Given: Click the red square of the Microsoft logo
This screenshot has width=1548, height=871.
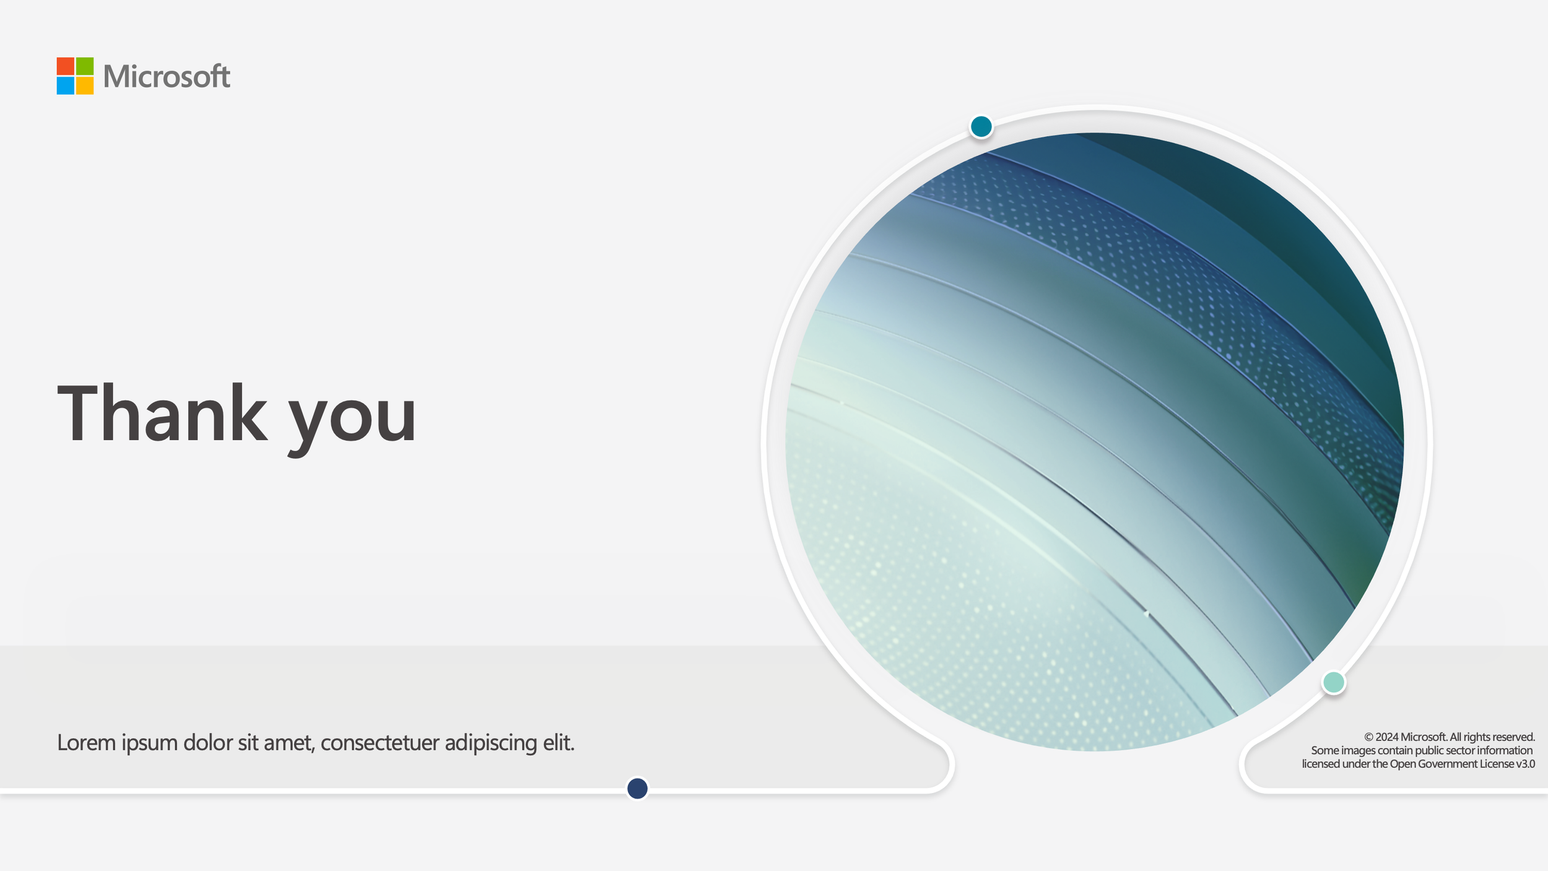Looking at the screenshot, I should [65, 66].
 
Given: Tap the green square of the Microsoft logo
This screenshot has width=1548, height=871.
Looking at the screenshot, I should [85, 66].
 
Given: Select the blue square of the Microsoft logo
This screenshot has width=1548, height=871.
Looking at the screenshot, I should [65, 86].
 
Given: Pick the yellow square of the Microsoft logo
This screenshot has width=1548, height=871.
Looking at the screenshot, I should [85, 86].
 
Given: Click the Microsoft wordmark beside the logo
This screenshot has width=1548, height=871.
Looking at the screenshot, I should [167, 77].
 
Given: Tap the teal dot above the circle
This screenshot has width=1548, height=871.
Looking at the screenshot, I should [981, 126].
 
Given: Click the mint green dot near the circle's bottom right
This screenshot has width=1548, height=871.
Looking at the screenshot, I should [1333, 682].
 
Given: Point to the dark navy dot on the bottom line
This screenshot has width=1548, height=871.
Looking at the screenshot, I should [637, 788].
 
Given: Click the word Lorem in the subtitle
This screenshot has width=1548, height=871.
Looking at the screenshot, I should [86, 742].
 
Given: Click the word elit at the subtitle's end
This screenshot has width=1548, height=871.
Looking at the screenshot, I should [559, 742].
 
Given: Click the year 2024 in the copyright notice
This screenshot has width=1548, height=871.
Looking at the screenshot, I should [1387, 737].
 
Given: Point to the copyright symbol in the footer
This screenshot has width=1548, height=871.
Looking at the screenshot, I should [1368, 737].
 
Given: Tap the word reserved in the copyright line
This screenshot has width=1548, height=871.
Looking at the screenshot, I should [1515, 737].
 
